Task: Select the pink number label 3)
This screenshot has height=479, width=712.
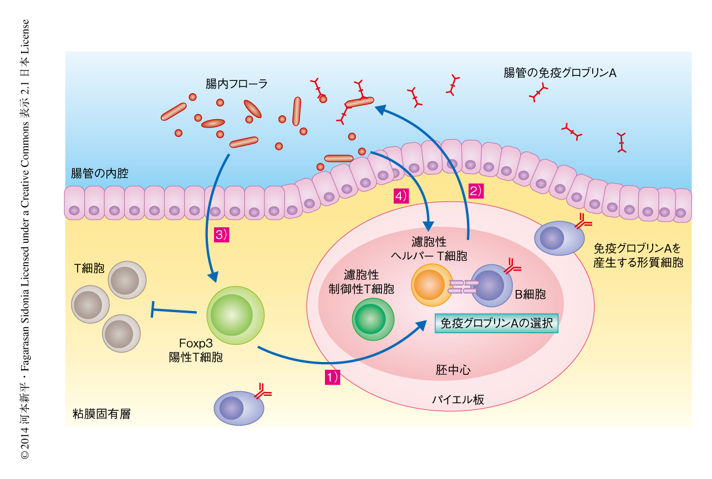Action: (x=221, y=235)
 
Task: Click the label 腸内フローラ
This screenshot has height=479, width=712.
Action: (x=236, y=84)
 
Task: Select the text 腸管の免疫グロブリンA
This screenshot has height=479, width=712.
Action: (x=560, y=73)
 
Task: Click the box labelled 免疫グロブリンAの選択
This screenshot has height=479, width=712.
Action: (x=496, y=323)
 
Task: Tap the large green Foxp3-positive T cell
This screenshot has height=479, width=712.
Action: (x=235, y=315)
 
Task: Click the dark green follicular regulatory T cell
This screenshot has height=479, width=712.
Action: (x=373, y=319)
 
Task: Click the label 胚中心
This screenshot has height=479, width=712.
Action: (x=453, y=370)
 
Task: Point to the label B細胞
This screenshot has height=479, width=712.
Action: (x=530, y=294)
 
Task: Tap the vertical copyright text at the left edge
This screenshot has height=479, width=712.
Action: (x=25, y=238)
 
